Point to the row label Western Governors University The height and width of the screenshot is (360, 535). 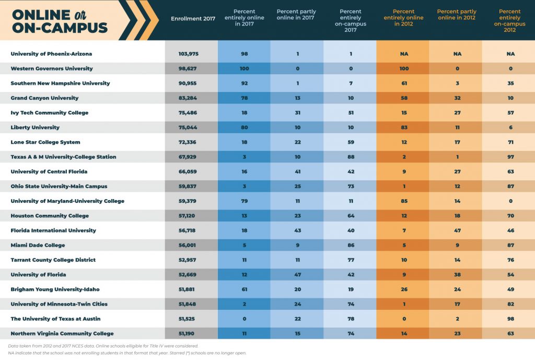[x=52, y=68]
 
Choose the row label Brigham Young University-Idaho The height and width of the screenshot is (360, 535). [x=55, y=289]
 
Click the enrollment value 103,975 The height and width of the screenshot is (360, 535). [x=189, y=54]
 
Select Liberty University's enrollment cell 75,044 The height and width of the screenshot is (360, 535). [x=189, y=127]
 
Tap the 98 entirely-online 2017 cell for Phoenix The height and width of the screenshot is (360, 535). [x=243, y=54]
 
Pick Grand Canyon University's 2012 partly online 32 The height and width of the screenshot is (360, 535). [x=457, y=98]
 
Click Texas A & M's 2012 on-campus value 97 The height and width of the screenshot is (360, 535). [x=509, y=157]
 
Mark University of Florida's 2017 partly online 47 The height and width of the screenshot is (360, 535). [x=297, y=275]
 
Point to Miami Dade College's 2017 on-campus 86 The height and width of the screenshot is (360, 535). [x=350, y=245]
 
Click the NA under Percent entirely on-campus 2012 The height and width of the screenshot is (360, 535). [x=509, y=54]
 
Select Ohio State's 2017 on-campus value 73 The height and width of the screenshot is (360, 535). [x=350, y=187]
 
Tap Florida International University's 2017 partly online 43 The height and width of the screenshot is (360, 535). [x=297, y=230]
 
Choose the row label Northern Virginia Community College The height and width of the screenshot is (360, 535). [x=62, y=333]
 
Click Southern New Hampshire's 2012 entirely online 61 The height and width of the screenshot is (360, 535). [x=403, y=84]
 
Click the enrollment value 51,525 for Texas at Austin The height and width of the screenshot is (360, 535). [x=189, y=319]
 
